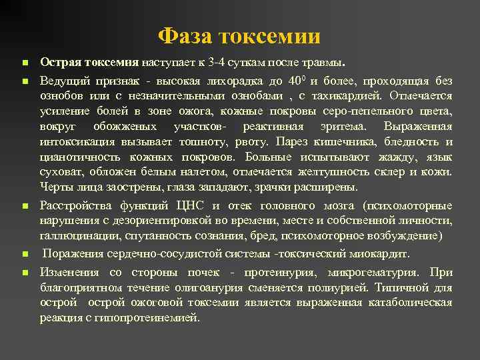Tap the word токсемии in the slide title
pos(273,35)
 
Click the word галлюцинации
pos(75,235)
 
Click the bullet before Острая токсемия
pos(24,63)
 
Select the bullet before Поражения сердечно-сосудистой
pos(24,255)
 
